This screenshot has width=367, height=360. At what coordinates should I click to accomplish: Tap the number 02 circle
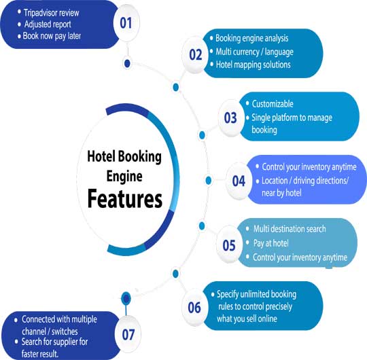pos(196,54)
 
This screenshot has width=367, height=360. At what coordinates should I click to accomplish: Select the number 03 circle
pos(230,118)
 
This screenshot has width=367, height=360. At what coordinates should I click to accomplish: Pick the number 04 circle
pos(239,181)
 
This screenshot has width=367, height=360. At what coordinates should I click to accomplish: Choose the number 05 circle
pos(230,243)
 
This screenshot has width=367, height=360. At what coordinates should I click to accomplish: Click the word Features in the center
pos(124,198)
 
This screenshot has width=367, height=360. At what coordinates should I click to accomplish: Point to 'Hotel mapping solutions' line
pos(252,65)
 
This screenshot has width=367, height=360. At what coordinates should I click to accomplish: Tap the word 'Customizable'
pos(273,104)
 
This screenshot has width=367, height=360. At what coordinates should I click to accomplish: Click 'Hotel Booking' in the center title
pos(125,156)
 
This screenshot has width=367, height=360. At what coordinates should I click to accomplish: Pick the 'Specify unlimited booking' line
pos(257,295)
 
